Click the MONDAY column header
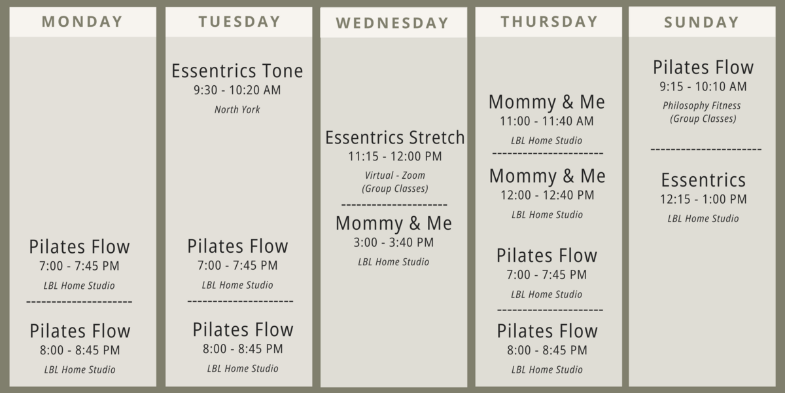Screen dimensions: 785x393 pyautogui.click(x=82, y=22)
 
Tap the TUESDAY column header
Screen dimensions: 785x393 pyautogui.click(x=239, y=22)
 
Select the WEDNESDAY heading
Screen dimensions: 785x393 pyautogui.click(x=392, y=23)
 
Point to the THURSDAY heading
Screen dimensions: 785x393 pyautogui.click(x=549, y=22)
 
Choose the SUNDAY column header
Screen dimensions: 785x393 pyautogui.click(x=702, y=22)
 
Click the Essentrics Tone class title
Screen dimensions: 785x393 pyautogui.click(x=237, y=71)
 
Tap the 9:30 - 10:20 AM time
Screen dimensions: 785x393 pyautogui.click(x=237, y=90)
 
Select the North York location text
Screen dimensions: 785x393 pyautogui.click(x=237, y=110)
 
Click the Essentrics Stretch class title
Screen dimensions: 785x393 pyautogui.click(x=395, y=138)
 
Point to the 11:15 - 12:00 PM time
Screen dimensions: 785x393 pyautogui.click(x=395, y=157)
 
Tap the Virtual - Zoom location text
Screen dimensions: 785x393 pyautogui.click(x=395, y=176)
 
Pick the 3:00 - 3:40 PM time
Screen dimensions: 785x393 pyautogui.click(x=394, y=242)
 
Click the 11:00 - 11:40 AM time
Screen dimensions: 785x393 pyautogui.click(x=547, y=121)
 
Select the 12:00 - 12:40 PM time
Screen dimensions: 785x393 pyautogui.click(x=548, y=195)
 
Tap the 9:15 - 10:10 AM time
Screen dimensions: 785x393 pyautogui.click(x=703, y=86)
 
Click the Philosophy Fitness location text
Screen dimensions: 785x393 pyautogui.click(x=701, y=105)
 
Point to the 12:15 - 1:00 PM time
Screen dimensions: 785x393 pyautogui.click(x=703, y=199)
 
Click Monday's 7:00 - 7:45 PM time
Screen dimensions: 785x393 pyautogui.click(x=79, y=266)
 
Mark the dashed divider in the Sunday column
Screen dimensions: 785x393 pyautogui.click(x=706, y=149)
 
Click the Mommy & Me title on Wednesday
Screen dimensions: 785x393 pyautogui.click(x=394, y=223)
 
